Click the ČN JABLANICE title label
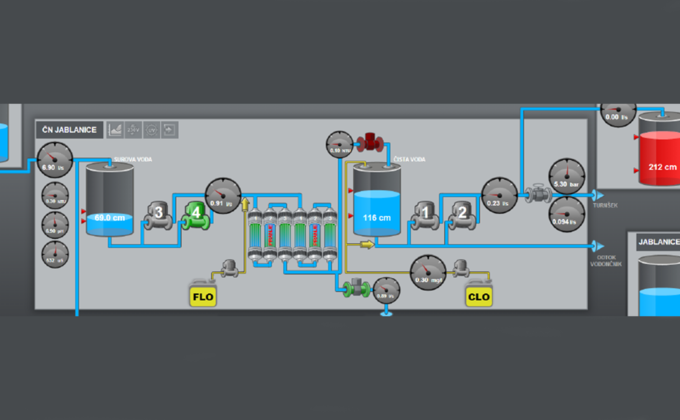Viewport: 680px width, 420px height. (68, 130)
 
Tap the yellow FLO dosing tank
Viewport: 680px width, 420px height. (203, 295)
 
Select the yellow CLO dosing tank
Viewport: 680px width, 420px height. (480, 295)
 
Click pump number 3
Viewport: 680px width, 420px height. (157, 213)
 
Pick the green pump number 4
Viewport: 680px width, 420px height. (197, 212)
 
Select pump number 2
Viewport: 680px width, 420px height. (461, 212)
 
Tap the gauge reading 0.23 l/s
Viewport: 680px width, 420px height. (499, 195)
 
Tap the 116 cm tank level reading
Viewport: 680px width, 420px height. (375, 217)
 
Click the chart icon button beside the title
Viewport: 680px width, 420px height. (115, 130)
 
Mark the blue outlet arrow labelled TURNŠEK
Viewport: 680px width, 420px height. (598, 196)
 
